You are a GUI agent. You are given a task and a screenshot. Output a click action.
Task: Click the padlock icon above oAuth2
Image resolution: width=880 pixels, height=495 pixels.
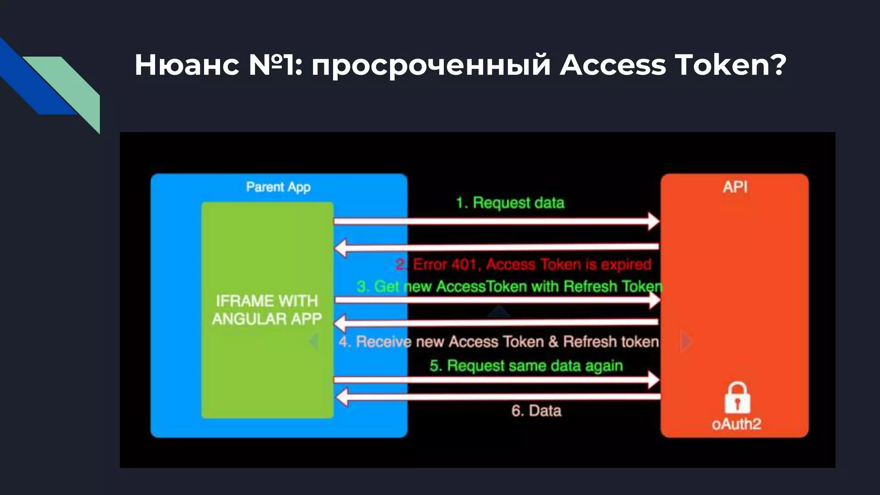(737, 398)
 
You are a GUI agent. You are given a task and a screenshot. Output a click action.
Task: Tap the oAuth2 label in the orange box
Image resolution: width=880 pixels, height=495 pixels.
(736, 424)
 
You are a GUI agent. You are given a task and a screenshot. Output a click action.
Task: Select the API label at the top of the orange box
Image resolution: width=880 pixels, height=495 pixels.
(735, 187)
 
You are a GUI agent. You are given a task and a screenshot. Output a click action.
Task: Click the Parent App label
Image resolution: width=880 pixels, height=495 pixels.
(278, 187)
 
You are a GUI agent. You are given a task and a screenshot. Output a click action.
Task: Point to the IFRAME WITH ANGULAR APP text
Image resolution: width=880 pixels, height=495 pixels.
(267, 310)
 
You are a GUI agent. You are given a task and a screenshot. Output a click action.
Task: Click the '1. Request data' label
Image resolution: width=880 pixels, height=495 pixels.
(510, 202)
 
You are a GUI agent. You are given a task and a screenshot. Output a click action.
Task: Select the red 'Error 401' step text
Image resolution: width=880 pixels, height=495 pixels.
(523, 264)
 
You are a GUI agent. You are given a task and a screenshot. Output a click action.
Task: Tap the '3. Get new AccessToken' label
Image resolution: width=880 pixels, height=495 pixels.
(509, 286)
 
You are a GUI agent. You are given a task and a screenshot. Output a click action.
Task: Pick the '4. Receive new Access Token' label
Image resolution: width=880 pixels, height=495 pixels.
(498, 342)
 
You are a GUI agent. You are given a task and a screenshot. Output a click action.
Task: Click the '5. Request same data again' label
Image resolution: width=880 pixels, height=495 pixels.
(526, 366)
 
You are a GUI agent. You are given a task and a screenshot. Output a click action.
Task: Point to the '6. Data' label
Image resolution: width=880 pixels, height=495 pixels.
(536, 411)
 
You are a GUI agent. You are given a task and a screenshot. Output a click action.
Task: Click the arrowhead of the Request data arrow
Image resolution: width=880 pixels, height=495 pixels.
(653, 221)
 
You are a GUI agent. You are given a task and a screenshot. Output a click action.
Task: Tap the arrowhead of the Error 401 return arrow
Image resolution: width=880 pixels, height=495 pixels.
(341, 248)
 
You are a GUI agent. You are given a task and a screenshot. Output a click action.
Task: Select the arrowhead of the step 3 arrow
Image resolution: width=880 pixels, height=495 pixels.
(654, 300)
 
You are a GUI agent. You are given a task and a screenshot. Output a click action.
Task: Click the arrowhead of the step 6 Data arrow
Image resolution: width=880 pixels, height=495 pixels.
(342, 397)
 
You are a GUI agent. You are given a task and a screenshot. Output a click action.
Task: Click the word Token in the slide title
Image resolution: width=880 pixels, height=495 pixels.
(722, 65)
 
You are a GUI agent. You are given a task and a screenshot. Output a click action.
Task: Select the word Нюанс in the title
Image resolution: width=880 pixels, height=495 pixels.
(187, 65)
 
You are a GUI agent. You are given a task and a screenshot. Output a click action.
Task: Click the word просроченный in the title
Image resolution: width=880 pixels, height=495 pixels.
(431, 66)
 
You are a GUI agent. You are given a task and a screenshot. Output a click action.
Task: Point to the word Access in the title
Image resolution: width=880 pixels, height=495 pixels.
(612, 65)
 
